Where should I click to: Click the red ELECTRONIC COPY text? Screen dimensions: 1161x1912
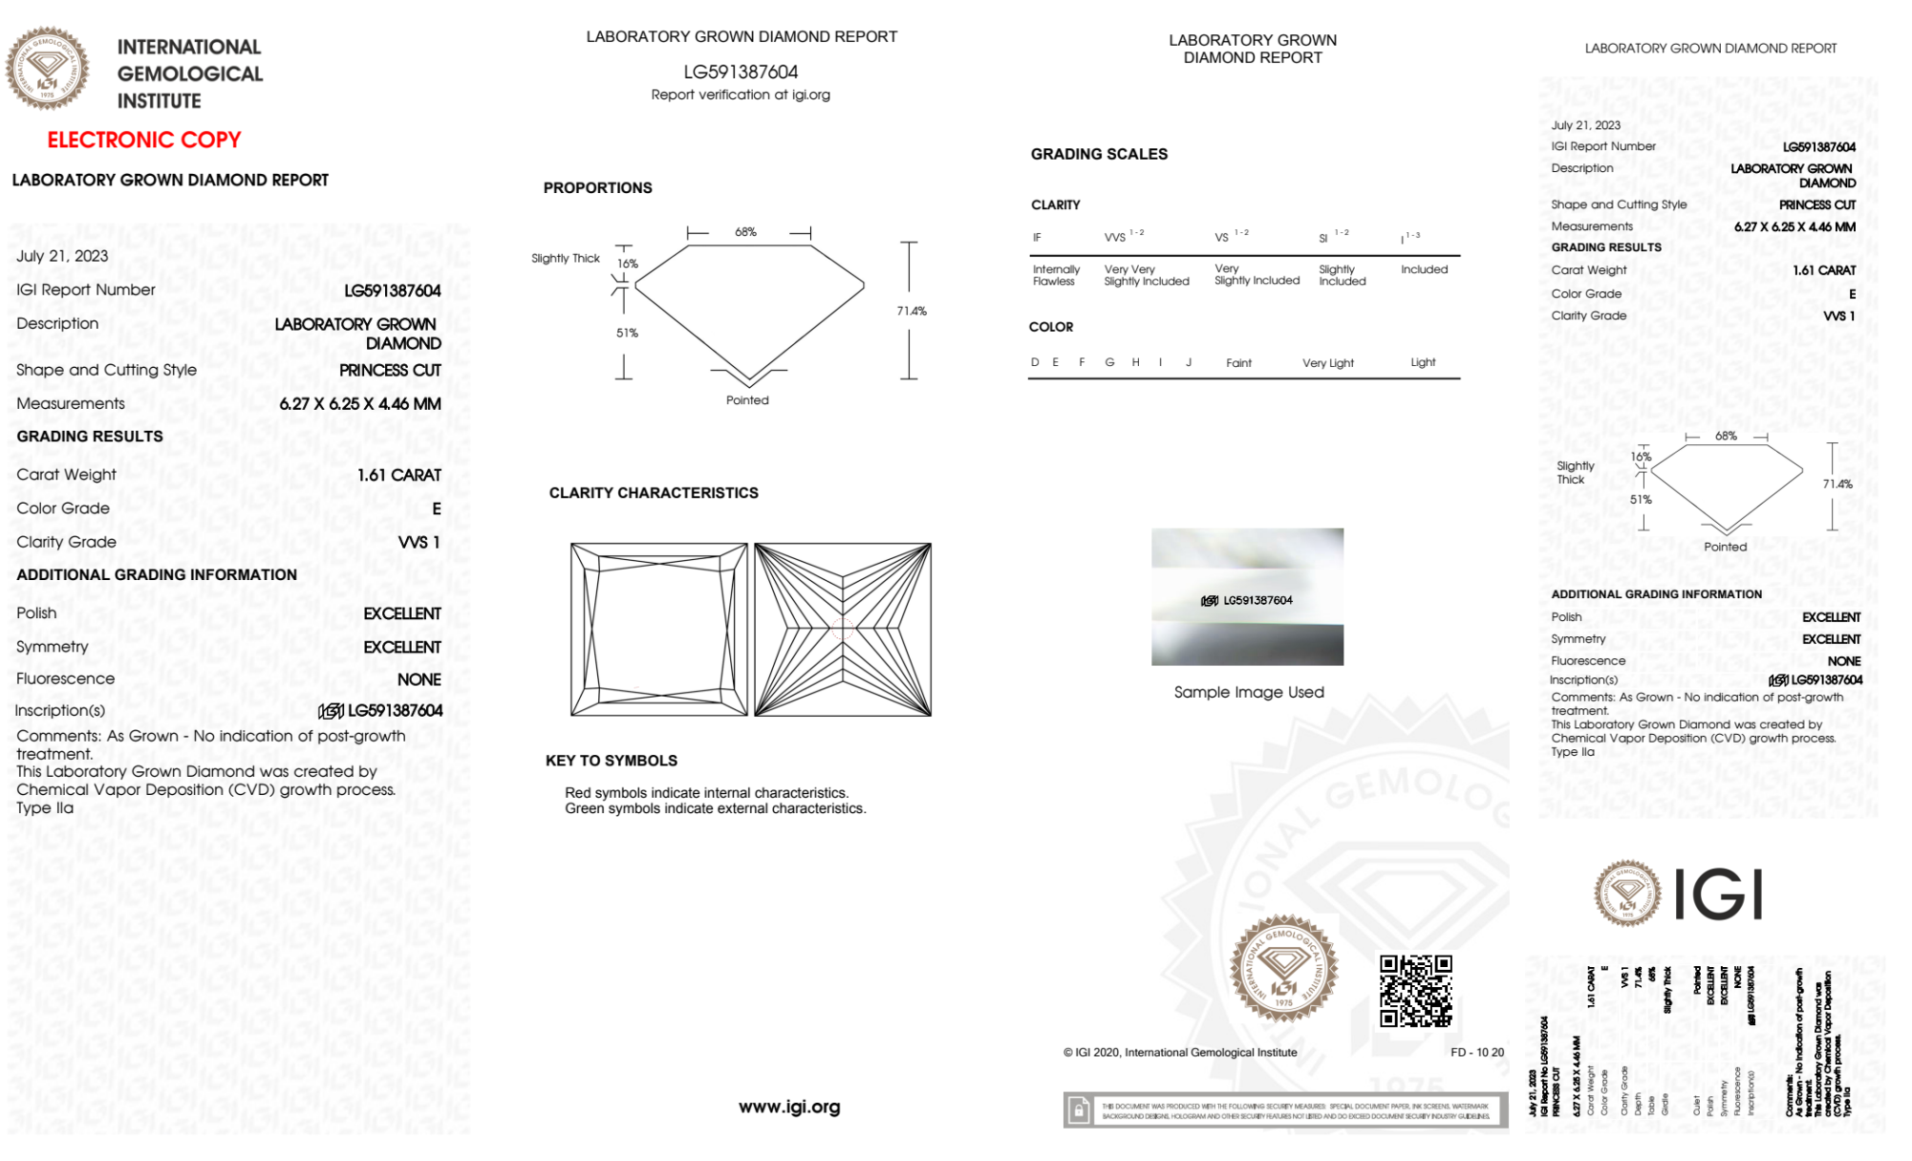[x=144, y=140]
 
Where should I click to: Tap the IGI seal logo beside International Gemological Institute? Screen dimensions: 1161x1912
[x=47, y=68]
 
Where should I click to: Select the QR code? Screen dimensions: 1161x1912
[x=1415, y=990]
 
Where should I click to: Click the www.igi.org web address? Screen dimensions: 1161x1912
[x=789, y=1107]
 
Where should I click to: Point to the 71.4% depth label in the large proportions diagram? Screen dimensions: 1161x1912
[x=912, y=311]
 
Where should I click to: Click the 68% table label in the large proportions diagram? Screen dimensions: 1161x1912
[x=745, y=232]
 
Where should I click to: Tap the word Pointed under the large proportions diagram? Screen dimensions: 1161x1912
[x=747, y=400]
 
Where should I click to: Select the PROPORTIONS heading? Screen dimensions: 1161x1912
[x=597, y=188]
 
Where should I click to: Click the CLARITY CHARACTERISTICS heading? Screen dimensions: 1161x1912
[x=654, y=493]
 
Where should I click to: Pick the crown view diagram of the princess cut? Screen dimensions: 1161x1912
[x=658, y=630]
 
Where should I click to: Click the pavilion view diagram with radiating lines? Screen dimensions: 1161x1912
[x=843, y=630]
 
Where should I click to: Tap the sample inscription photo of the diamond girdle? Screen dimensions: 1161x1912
[x=1247, y=597]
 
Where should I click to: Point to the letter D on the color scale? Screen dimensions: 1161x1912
[x=1035, y=362]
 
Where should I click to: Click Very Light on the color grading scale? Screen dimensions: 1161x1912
[x=1327, y=363]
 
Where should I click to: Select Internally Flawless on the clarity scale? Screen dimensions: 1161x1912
[x=1055, y=275]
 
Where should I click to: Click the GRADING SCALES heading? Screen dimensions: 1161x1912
[x=1099, y=154]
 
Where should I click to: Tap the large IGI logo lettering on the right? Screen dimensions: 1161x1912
[x=1719, y=895]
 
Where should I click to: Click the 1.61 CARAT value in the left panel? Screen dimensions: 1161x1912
[x=399, y=475]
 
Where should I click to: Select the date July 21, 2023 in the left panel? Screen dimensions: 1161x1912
[x=62, y=256]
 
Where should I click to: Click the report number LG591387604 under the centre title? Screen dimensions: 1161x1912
[x=741, y=72]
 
